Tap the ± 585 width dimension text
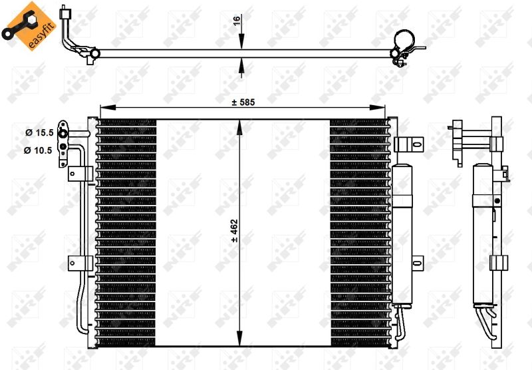point(243,102)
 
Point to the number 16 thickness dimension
point(236,21)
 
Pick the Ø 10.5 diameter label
point(38,150)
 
